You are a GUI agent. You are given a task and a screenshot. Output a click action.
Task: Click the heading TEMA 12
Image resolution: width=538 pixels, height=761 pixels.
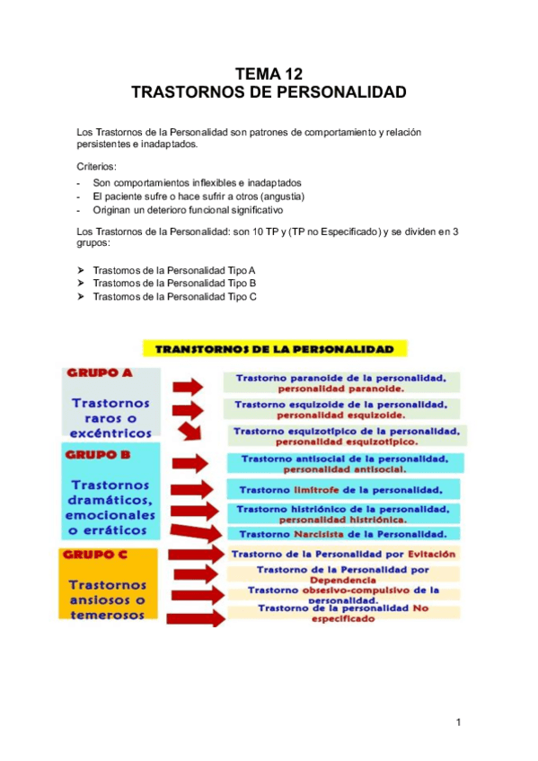pyautogui.click(x=269, y=74)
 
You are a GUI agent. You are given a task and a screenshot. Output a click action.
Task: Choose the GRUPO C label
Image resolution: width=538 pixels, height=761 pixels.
pyautogui.click(x=99, y=554)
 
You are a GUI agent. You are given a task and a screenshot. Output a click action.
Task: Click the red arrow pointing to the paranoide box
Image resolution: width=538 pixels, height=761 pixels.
pyautogui.click(x=190, y=384)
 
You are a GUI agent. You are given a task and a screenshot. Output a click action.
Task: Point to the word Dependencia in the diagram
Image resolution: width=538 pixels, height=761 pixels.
pyautogui.click(x=341, y=581)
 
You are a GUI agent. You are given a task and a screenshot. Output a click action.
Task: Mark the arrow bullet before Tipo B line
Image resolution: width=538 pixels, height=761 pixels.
pyautogui.click(x=82, y=284)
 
